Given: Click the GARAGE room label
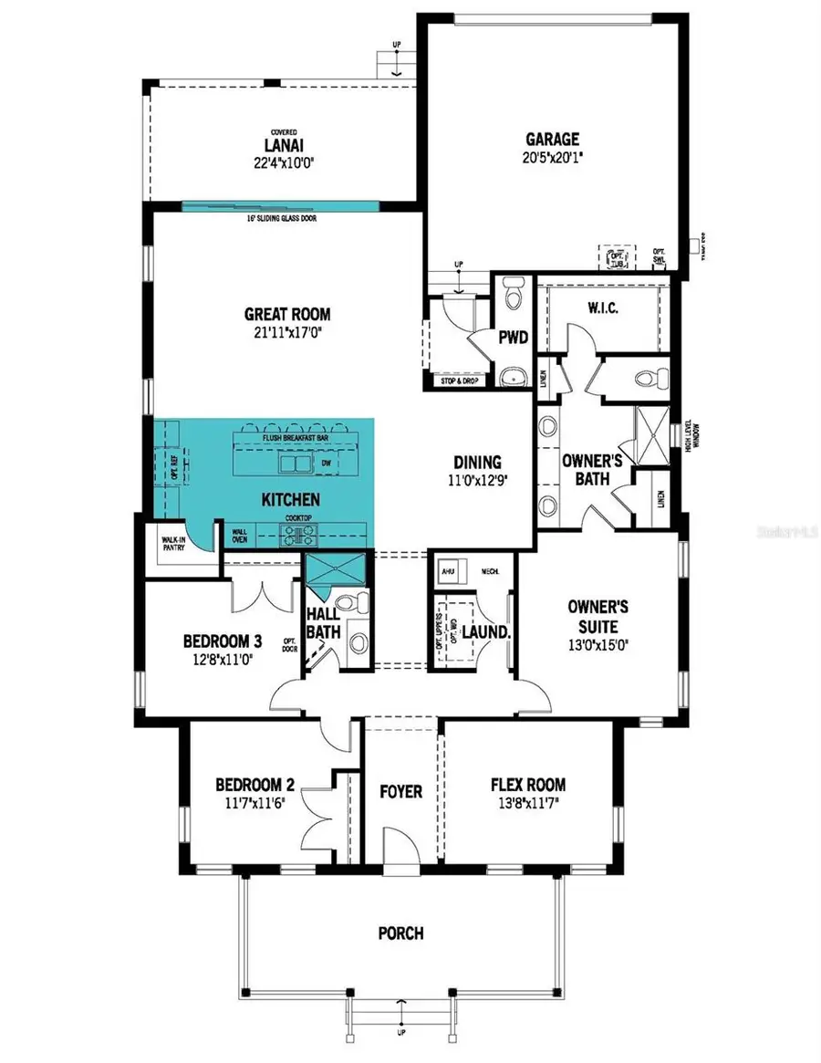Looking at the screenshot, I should pos(552,140).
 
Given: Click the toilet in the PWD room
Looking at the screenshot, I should pos(511,294).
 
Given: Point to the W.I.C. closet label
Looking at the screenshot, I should pos(603,308).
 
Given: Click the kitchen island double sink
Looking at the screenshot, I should pos(296,464).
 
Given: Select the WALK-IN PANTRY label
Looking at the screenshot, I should pos(173,543).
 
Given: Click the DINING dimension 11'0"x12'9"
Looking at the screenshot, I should pos(478,482).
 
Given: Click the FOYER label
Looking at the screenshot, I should pos(400,790).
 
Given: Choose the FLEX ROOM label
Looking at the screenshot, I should pos(527,784).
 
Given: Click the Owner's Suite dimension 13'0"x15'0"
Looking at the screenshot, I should pos(592,644).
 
